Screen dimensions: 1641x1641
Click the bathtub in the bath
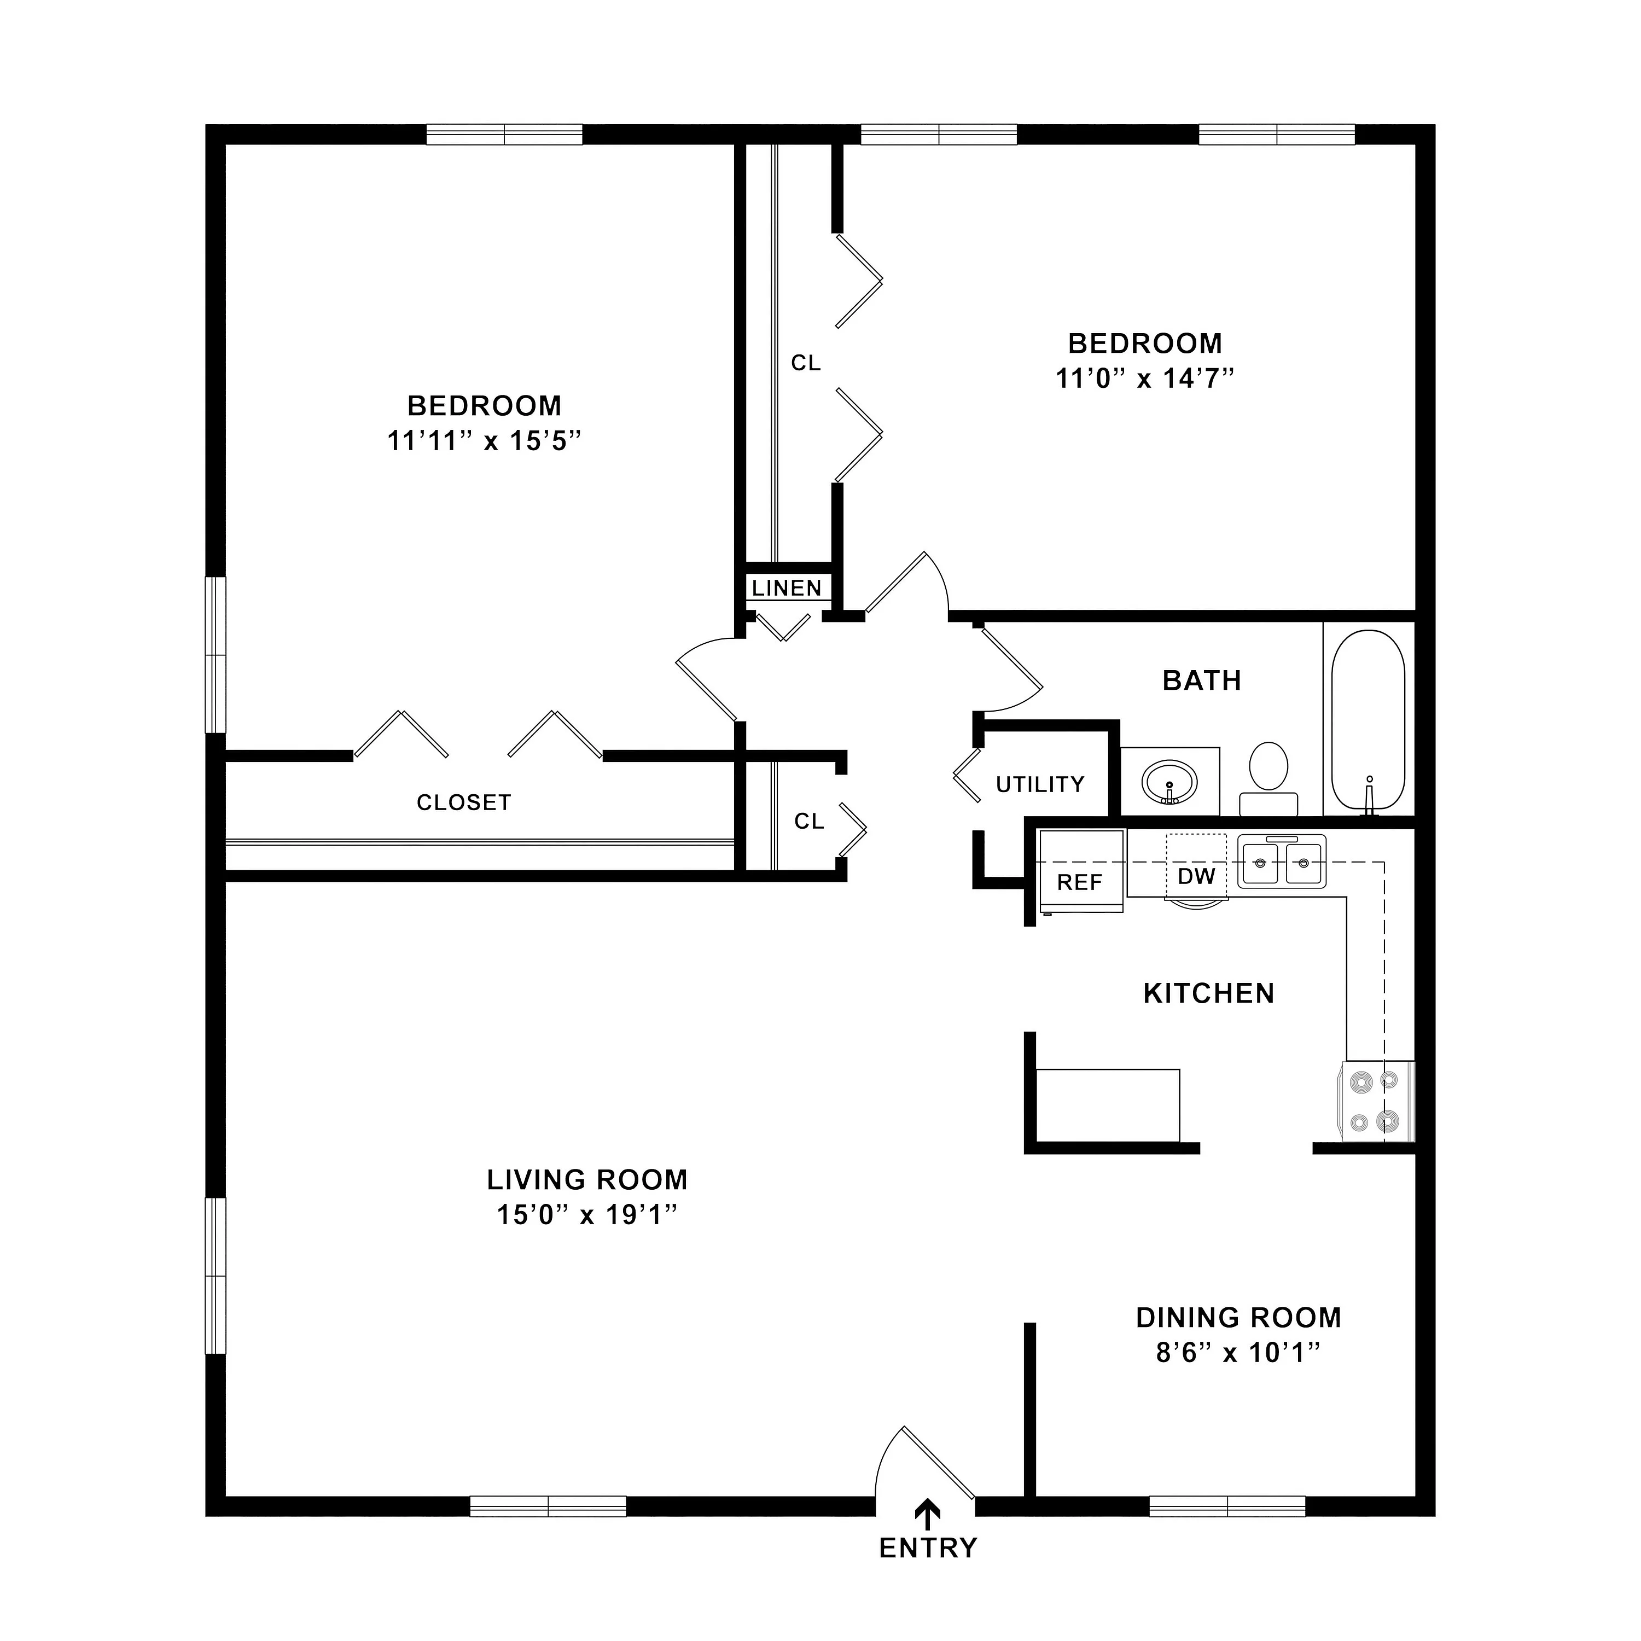tap(1367, 719)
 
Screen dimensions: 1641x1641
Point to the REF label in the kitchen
tap(1080, 882)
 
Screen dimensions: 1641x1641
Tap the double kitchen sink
tap(1282, 862)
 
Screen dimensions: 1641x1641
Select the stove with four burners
tap(1377, 1101)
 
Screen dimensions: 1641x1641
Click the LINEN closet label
tap(787, 588)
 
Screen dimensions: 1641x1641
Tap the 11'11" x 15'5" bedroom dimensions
tap(484, 441)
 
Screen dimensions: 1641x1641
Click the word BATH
tap(1202, 680)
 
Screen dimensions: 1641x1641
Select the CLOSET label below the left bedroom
tap(464, 802)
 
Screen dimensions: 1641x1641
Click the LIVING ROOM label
tap(587, 1180)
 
